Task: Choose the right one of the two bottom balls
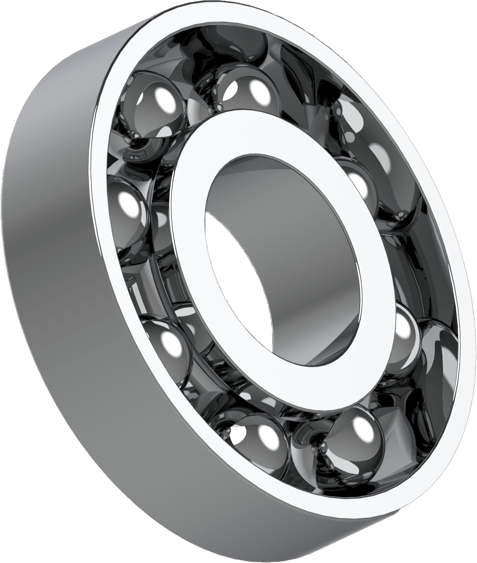pyautogui.click(x=351, y=437)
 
